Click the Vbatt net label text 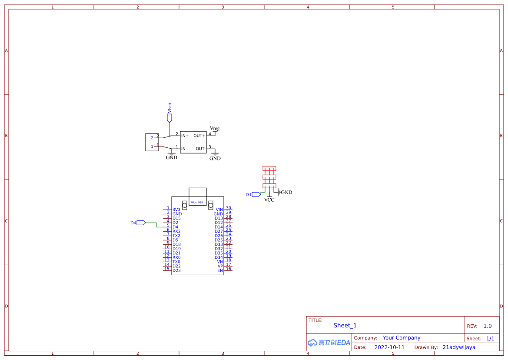[x=170, y=108]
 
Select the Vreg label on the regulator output [x=215, y=129]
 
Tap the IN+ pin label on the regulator [x=185, y=136]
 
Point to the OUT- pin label [x=200, y=149]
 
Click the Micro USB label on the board [x=197, y=203]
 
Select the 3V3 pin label [x=176, y=210]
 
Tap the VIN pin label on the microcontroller [x=219, y=210]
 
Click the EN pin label [x=220, y=270]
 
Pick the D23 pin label [x=176, y=270]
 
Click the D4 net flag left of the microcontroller [x=138, y=223]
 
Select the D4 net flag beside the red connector [x=253, y=195]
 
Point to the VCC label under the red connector [x=269, y=200]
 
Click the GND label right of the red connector [x=286, y=193]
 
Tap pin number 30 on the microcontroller [x=229, y=208]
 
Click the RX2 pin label [x=176, y=231]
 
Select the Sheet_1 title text [x=345, y=326]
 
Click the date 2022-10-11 [x=389, y=347]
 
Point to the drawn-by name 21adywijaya [x=459, y=347]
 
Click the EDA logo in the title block [x=329, y=343]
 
